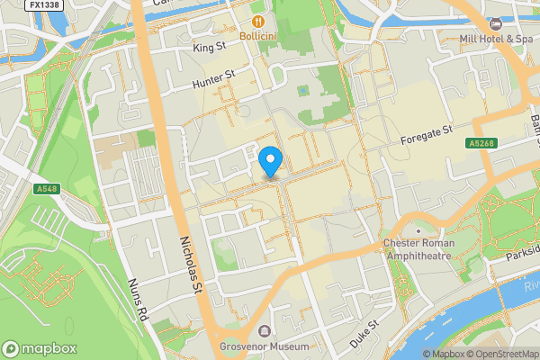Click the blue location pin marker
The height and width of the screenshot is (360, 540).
[x=271, y=161]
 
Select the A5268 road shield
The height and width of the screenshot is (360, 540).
[x=479, y=143]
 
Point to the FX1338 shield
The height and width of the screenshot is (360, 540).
[x=44, y=5]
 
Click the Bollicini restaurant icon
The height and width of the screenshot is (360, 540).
[x=257, y=20]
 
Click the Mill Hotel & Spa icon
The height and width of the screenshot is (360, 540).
[x=495, y=22]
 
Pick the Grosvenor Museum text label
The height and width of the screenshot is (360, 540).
[x=265, y=346]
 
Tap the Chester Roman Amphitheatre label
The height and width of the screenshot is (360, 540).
[x=419, y=249]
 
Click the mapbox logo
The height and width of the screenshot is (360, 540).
[x=40, y=348]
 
